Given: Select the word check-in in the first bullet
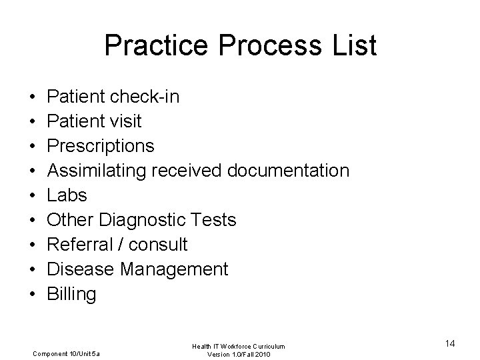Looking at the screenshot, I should coord(145,97).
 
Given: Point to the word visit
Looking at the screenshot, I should coord(124,121).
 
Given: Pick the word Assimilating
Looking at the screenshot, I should coord(97,171).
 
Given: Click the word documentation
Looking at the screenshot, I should coord(288,171).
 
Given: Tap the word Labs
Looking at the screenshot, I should coord(67,195).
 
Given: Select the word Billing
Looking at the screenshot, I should coord(71,294).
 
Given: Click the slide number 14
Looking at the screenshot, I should coord(449,343).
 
